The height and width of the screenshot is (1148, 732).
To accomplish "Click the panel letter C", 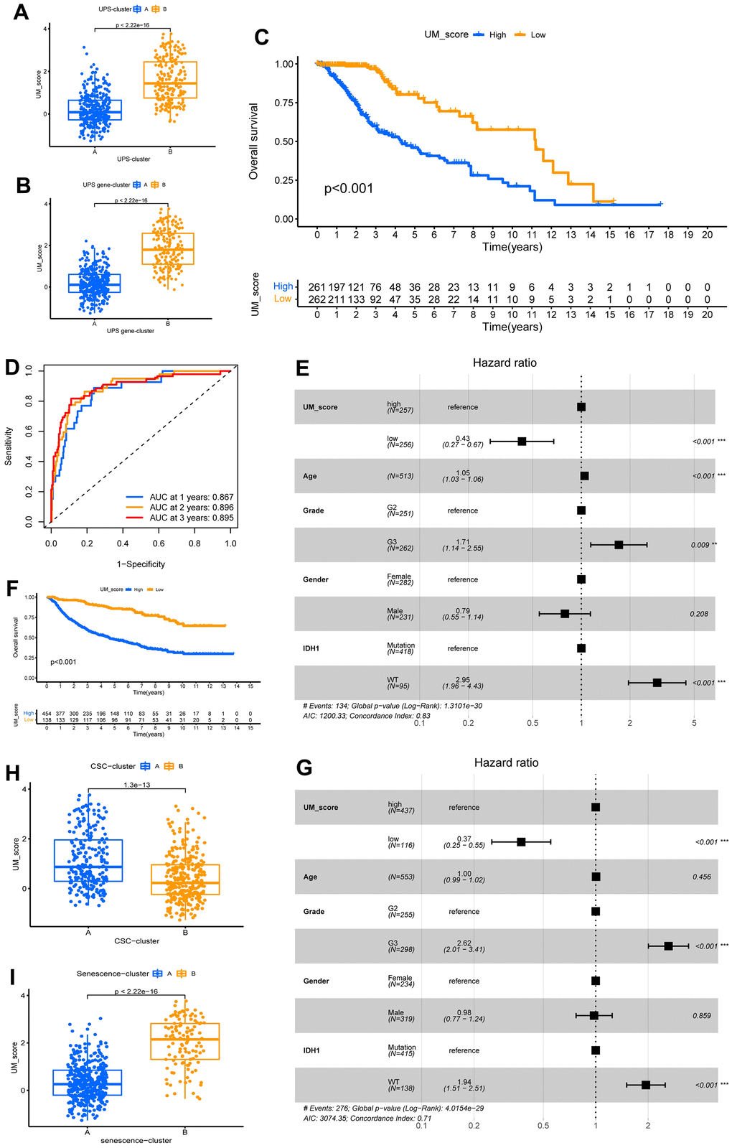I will point(262,37).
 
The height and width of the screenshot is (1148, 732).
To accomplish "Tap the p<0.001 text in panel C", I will point(349,189).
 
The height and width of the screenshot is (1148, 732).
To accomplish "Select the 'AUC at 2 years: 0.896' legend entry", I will point(191,507).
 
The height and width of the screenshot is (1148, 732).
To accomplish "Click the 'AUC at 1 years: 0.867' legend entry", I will point(191,497).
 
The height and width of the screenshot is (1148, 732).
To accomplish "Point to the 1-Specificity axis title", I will point(141,564).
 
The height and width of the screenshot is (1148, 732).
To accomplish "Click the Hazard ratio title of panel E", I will point(505,363).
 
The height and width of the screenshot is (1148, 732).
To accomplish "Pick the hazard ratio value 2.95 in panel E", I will point(463,679).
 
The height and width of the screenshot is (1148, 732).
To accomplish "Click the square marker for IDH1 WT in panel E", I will point(657,683).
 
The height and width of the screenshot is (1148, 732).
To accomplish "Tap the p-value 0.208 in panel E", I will point(699,614).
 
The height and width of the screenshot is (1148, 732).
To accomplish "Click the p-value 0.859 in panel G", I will point(702,1016).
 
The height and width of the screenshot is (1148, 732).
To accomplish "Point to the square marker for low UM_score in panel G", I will point(521,841).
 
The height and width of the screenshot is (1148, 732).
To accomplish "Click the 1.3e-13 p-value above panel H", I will point(136,785).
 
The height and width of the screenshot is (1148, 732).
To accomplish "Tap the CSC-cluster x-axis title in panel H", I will point(136,941).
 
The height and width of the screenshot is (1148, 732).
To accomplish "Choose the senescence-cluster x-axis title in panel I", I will point(136,1140).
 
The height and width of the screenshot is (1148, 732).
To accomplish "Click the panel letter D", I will point(12,368).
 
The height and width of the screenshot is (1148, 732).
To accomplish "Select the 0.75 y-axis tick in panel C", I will point(284,103).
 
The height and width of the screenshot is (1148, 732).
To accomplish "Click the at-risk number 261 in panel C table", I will point(316,287).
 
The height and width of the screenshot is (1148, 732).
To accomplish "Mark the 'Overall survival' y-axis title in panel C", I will point(253,141).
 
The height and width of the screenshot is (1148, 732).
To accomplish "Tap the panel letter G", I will point(304,768).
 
